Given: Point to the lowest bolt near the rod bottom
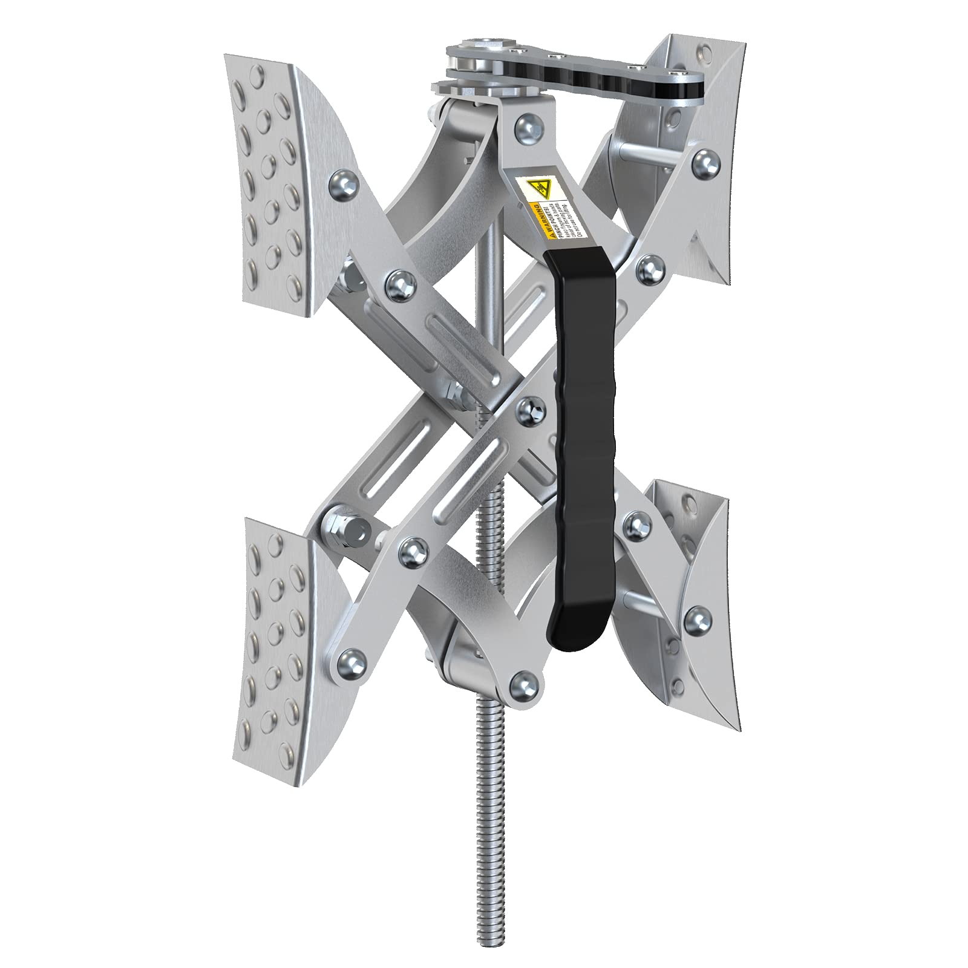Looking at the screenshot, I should (x=518, y=682).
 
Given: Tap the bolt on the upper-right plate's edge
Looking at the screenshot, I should (x=703, y=160).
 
